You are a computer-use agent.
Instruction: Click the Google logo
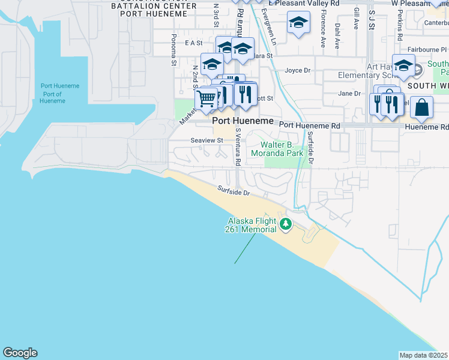tap(20, 353)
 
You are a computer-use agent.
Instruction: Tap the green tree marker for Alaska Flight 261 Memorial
tap(286, 225)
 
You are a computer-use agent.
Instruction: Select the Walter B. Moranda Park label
tap(282, 149)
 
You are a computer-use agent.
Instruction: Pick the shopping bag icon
tap(422, 107)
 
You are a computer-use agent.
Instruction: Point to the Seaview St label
tap(207, 140)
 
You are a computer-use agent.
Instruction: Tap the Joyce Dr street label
tap(297, 70)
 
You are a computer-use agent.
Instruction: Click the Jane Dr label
tap(349, 93)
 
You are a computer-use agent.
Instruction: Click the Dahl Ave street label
tap(337, 35)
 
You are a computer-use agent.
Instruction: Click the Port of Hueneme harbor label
tap(60, 94)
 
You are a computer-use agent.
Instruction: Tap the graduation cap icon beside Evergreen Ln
tap(298, 24)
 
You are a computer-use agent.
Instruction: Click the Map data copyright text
tap(424, 355)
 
